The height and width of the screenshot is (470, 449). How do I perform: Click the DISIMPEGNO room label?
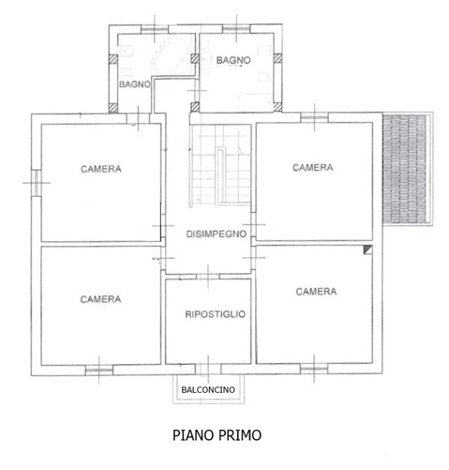(216, 234)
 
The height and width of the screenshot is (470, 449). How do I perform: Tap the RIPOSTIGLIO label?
(215, 314)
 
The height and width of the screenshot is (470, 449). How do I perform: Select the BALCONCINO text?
(208, 390)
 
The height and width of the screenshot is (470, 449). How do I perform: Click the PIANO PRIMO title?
(217, 436)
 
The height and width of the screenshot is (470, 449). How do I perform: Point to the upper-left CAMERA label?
(101, 169)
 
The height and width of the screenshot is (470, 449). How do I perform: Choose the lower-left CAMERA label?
(100, 299)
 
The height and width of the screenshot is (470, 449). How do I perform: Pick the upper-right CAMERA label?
(313, 168)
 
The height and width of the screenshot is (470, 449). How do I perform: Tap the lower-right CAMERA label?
(316, 292)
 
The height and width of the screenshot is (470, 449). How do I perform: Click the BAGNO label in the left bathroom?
(135, 84)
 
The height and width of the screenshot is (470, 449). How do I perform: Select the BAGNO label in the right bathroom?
(233, 60)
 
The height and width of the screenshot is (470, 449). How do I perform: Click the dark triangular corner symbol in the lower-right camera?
(368, 249)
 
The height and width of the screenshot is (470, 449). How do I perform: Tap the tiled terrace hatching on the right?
(405, 169)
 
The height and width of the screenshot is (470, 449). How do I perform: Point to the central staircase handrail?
(220, 176)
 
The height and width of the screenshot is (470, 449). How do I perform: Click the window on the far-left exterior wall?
(36, 183)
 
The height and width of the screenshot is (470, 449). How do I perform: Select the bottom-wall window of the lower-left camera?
(99, 370)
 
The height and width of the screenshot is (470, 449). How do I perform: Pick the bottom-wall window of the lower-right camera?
(314, 369)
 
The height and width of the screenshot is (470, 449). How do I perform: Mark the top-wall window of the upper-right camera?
(314, 117)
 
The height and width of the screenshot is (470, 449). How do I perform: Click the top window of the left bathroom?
(154, 30)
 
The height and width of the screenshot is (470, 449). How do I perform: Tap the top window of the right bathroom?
(236, 29)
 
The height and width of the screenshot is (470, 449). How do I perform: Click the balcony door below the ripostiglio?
(208, 369)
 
